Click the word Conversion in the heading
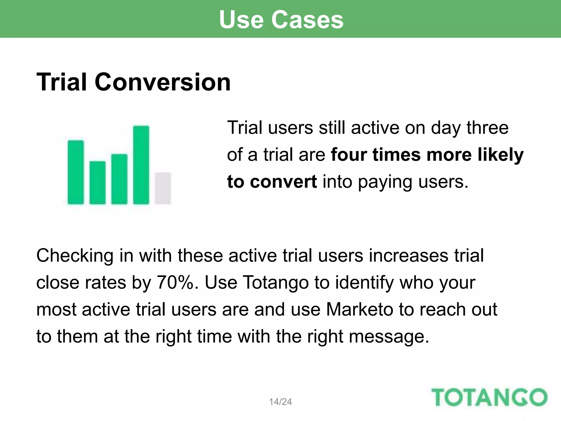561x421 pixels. tap(162, 82)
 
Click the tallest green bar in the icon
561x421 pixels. tap(141, 165)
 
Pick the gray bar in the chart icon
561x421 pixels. tap(163, 188)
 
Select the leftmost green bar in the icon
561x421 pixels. tap(76, 172)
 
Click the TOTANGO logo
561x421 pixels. tap(489, 397)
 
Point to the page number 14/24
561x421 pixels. tap(280, 402)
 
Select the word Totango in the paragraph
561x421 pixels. tap(276, 282)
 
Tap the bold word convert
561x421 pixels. tap(283, 182)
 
